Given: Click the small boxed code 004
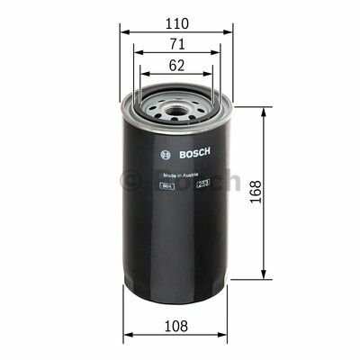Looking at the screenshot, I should pyautogui.click(x=166, y=185).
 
